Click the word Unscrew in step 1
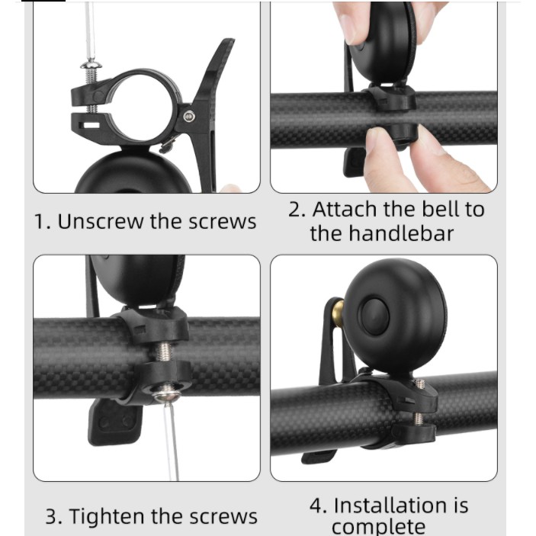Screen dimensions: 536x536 pos(101,222)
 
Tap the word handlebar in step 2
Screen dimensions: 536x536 pos(400,233)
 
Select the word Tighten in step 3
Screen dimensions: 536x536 pos(108,516)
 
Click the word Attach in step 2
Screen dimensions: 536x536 pos(345,209)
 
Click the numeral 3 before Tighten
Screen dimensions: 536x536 pos(53,517)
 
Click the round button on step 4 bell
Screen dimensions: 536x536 pos(375,316)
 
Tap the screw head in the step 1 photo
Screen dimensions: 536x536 pos(91,64)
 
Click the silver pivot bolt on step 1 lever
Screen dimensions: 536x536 pos(189,117)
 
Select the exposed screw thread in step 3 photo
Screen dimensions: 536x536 pos(165,351)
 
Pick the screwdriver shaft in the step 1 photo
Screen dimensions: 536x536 pos(90,30)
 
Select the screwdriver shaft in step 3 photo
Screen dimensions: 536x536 pos(172,441)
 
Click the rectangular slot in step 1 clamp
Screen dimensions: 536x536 pos(91,125)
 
